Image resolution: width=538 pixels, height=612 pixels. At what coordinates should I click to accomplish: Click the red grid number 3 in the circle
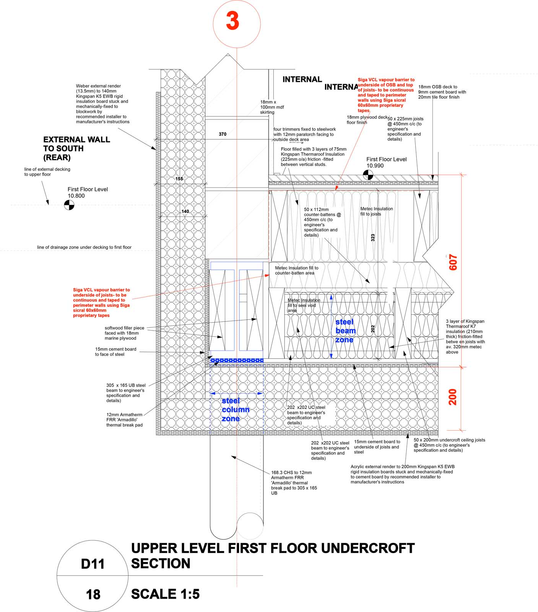point(232,21)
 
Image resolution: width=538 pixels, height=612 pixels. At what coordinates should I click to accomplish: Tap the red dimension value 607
point(453,262)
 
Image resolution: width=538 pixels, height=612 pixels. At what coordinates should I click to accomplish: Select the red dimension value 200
point(453,397)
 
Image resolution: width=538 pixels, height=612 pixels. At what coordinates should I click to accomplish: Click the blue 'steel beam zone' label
point(345,331)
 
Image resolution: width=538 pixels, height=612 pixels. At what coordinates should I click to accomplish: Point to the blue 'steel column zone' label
point(235,410)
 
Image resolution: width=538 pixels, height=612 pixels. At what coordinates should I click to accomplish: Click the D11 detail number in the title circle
point(93,564)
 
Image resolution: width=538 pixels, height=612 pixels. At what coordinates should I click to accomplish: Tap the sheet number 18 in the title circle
point(93,594)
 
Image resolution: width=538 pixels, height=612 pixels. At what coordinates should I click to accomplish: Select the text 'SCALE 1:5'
point(165,594)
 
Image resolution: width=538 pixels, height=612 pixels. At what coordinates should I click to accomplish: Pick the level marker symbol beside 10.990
point(368,175)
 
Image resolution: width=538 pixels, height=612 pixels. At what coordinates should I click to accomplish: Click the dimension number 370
point(223,134)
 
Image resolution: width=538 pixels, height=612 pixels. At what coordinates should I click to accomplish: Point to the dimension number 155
point(179,179)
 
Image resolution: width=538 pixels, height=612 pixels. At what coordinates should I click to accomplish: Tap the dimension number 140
point(185,211)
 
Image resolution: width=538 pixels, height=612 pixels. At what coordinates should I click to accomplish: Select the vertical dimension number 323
point(373,238)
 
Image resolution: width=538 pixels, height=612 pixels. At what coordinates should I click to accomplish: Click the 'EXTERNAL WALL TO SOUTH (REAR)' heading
point(76,148)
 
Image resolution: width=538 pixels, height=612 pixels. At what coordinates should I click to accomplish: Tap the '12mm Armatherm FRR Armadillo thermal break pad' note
point(124,420)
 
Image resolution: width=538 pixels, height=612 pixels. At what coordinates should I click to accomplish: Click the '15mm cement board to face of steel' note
point(115,352)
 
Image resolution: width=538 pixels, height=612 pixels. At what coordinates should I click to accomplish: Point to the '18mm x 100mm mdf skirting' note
point(272,107)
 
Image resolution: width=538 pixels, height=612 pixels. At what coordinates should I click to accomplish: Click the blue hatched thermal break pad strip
point(237,360)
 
